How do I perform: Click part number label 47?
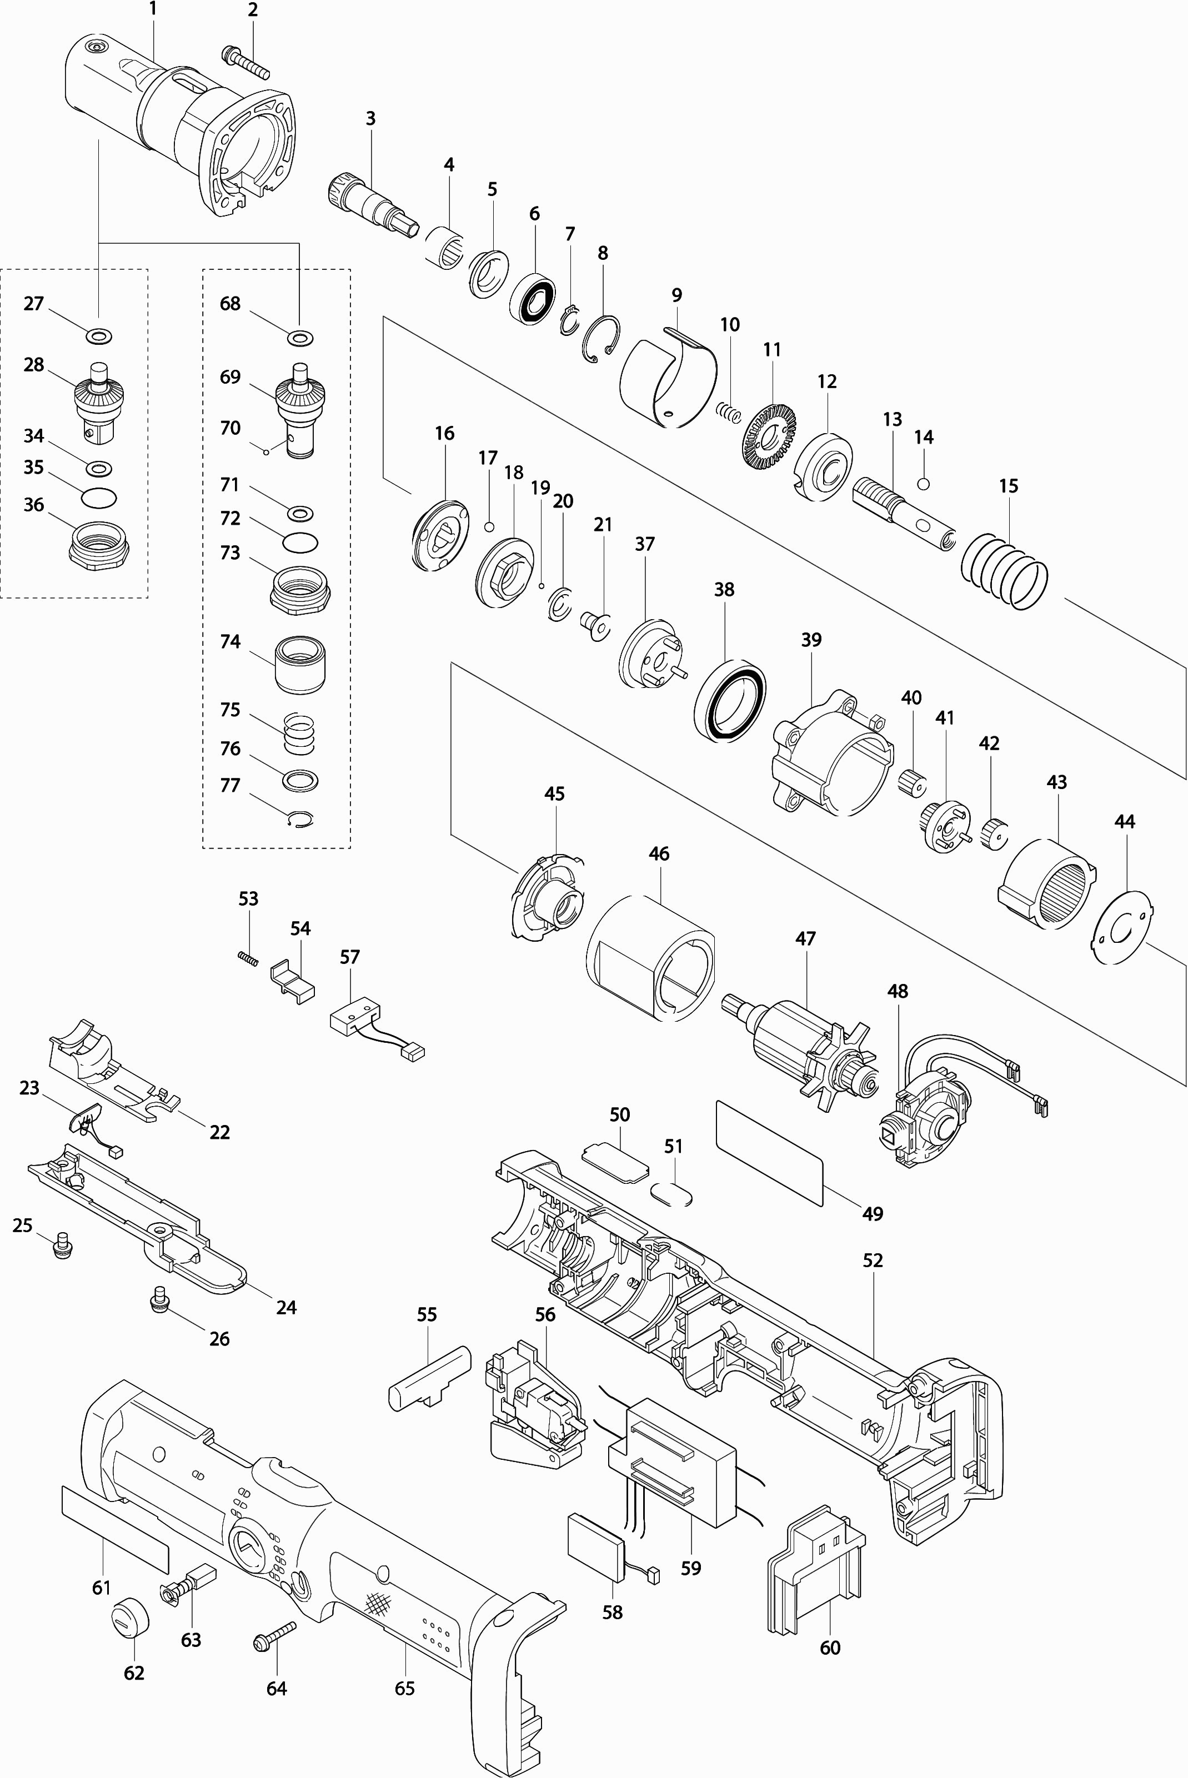click(x=805, y=938)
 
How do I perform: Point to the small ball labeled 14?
click(x=924, y=483)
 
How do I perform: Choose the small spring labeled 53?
click(x=248, y=958)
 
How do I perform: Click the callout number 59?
click(x=691, y=1568)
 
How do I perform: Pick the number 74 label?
click(x=230, y=641)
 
